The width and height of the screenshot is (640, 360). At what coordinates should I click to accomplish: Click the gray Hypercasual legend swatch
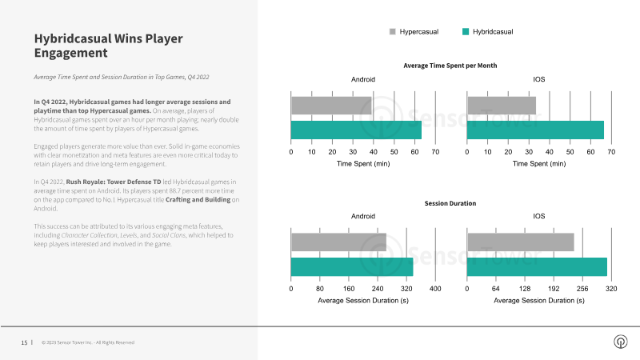click(x=393, y=32)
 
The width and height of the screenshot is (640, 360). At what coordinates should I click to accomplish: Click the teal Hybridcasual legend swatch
click(x=466, y=32)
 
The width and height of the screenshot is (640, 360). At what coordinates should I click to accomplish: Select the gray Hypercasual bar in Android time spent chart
click(x=331, y=106)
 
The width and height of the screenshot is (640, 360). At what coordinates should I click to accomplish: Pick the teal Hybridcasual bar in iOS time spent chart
click(x=535, y=130)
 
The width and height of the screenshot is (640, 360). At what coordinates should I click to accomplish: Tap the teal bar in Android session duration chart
click(x=352, y=267)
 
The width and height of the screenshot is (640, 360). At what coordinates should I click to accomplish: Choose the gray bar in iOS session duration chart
click(x=521, y=242)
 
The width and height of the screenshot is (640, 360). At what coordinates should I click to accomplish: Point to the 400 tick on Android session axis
click(x=435, y=289)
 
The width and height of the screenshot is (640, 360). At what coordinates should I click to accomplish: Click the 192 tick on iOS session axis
click(x=554, y=289)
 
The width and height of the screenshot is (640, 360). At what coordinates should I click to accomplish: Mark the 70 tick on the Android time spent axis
click(x=435, y=152)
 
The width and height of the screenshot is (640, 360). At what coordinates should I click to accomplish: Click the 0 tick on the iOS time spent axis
click(x=467, y=152)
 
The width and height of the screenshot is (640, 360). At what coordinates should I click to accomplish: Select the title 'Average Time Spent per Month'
click(x=450, y=66)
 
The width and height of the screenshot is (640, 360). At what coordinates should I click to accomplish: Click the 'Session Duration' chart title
click(x=450, y=203)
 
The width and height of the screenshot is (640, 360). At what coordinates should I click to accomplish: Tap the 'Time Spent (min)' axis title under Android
click(x=363, y=164)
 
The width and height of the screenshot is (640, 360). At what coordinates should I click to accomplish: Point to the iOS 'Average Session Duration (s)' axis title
click(x=539, y=301)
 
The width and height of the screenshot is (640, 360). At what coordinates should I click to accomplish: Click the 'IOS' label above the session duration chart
click(x=538, y=216)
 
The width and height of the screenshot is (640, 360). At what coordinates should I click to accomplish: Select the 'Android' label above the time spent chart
click(x=363, y=79)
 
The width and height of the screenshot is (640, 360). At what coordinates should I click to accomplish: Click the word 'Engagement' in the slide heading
click(x=71, y=53)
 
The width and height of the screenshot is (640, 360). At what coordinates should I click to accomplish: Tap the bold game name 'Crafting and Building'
click(x=198, y=199)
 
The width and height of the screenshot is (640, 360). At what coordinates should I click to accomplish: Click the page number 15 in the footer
click(x=24, y=342)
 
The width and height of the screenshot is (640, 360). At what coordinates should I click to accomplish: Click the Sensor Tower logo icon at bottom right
click(x=621, y=342)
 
